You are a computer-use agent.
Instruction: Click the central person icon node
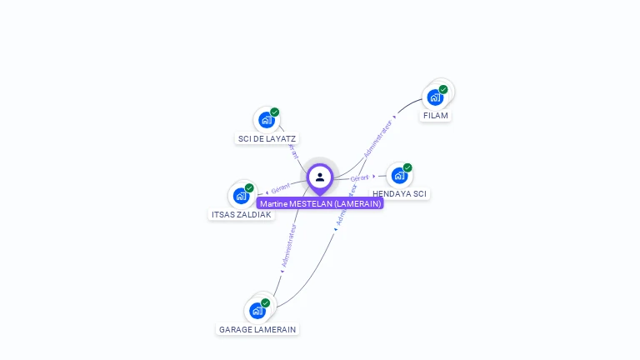(x=320, y=177)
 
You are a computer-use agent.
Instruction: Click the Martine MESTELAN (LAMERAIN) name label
(x=320, y=203)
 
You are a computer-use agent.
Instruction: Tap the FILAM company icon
(x=435, y=97)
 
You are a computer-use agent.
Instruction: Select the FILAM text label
(x=435, y=116)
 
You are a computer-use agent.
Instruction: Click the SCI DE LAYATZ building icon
(x=266, y=120)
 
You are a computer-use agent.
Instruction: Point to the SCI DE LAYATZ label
(x=267, y=139)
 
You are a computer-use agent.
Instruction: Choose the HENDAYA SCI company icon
(x=399, y=176)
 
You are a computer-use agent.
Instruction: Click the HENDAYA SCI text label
(x=399, y=194)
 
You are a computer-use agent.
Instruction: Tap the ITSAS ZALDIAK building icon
(x=241, y=196)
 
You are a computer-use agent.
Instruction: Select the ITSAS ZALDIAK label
(x=241, y=215)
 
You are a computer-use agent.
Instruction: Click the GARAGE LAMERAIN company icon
(x=257, y=311)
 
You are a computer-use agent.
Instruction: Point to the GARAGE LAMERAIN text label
(x=257, y=330)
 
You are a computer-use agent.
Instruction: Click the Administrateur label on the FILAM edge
(x=377, y=138)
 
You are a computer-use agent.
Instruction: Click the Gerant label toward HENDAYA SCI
(x=360, y=178)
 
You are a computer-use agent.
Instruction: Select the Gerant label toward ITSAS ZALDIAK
(x=280, y=189)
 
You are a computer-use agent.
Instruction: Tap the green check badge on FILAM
(x=443, y=89)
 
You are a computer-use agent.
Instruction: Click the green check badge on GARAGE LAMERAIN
(x=265, y=302)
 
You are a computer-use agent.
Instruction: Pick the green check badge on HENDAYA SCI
(x=407, y=167)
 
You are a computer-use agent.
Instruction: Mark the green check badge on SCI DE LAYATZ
(x=274, y=112)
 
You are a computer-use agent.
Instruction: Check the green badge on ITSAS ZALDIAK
(x=249, y=188)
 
